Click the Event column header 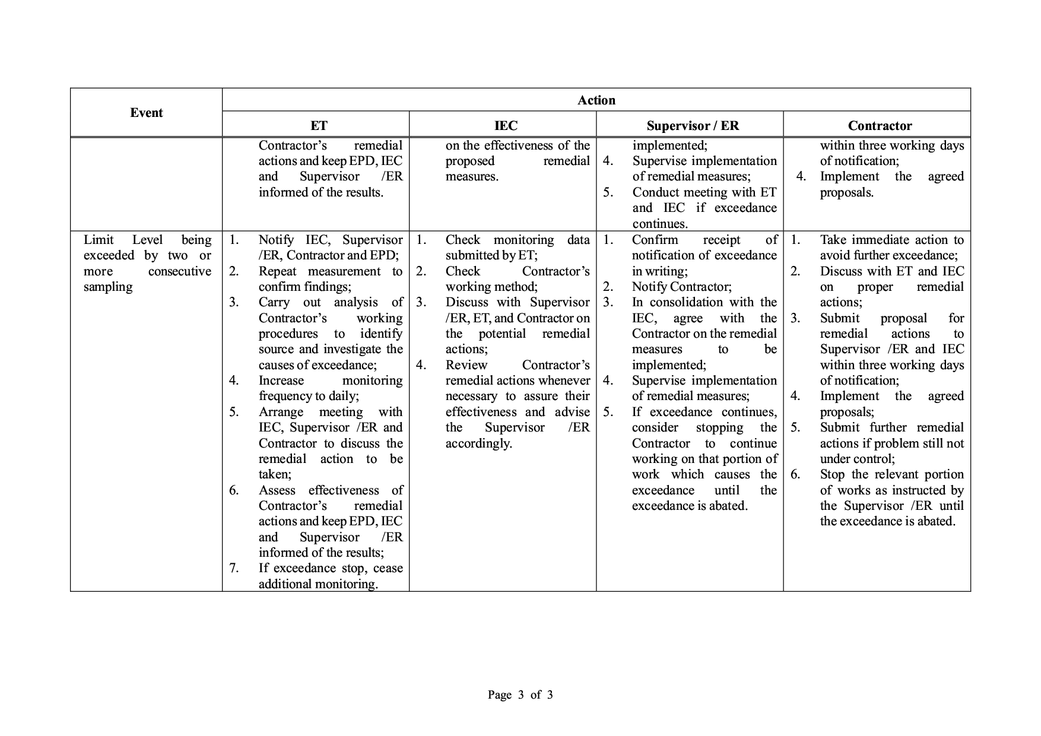point(146,113)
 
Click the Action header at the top point(596,100)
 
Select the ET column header point(319,126)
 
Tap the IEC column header point(506,126)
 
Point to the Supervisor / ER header point(693,126)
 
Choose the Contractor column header point(880,126)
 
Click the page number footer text point(520,694)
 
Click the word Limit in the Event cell point(99,240)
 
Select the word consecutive point(179,271)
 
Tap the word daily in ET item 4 point(343,396)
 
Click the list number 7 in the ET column point(234,568)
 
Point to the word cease point(388,568)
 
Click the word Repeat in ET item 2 point(280,271)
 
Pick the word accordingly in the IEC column point(478,443)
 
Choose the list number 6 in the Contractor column point(795,474)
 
